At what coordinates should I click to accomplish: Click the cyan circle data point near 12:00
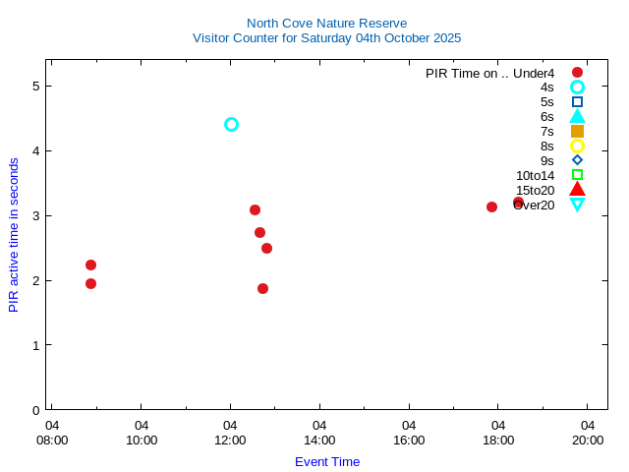pos(231,124)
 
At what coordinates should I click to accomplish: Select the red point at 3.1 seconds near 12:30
pos(255,209)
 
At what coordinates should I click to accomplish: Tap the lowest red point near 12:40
pos(262,288)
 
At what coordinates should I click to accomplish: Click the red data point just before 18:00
pos(491,206)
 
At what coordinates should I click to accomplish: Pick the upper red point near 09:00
pos(90,265)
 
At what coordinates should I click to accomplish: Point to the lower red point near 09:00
pos(90,283)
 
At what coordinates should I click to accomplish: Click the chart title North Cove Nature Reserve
pos(326,23)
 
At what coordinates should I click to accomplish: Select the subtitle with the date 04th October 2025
pos(326,38)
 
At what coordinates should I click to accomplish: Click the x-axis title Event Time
pos(327,461)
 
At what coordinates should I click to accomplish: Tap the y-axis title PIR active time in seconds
pos(14,235)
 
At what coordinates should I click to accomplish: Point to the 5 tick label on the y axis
pos(35,86)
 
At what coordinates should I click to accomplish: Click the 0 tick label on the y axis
pos(35,410)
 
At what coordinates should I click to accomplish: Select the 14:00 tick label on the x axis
pos(319,440)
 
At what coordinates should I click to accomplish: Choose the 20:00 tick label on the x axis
pos(588,440)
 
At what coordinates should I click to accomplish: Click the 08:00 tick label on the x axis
pos(52,440)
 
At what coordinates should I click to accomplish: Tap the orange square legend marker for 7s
pos(577,131)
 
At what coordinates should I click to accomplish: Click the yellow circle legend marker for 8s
pos(577,146)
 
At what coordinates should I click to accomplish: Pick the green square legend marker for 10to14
pos(577,175)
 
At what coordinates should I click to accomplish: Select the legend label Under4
pos(534,73)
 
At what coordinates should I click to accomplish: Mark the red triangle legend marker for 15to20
pos(577,190)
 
